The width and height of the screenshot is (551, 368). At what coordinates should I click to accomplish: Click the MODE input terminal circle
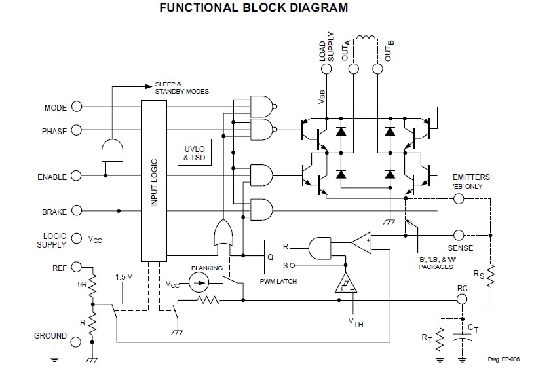[x=77, y=107]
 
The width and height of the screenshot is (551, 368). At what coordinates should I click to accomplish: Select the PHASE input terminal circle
[x=77, y=130]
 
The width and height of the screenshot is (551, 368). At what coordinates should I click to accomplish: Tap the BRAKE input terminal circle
[x=77, y=211]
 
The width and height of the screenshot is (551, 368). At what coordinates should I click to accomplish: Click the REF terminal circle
[x=77, y=267]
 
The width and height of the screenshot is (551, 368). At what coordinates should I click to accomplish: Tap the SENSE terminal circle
[x=459, y=234]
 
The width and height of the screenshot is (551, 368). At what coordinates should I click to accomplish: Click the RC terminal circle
[x=462, y=299]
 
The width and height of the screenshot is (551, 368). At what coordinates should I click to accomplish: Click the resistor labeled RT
[x=439, y=338]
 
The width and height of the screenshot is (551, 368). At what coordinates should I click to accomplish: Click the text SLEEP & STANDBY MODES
[x=181, y=88]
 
